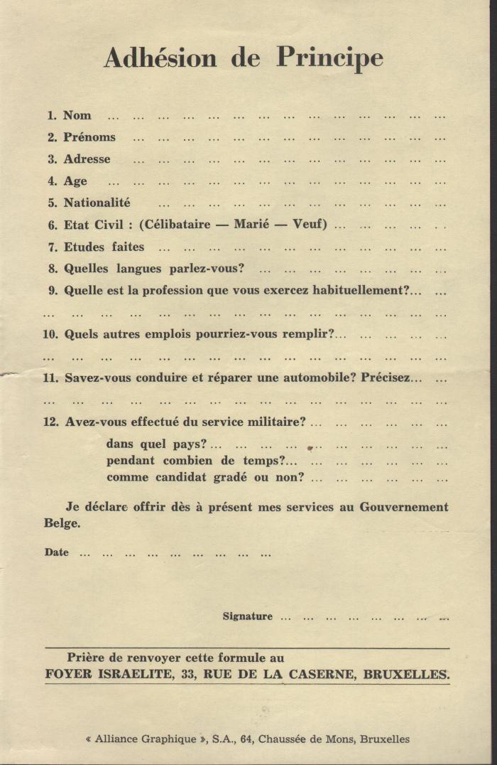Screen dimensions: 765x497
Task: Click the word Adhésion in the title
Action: (160, 58)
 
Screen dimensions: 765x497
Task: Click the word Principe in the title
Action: (329, 58)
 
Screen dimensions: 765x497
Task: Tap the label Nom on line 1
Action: (77, 115)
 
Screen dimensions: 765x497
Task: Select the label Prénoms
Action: (89, 137)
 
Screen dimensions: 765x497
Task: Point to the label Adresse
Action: (87, 159)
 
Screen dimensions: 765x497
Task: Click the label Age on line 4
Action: (75, 181)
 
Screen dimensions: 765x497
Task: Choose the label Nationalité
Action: (97, 203)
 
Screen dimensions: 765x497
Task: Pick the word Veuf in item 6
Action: (310, 225)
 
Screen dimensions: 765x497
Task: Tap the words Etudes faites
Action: (104, 247)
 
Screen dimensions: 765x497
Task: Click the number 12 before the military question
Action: (51, 422)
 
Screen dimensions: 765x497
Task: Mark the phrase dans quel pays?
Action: (157, 444)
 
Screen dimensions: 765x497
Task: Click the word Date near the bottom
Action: (57, 552)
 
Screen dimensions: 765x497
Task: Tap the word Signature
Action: (247, 616)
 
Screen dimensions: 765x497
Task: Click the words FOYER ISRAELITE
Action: (109, 674)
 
